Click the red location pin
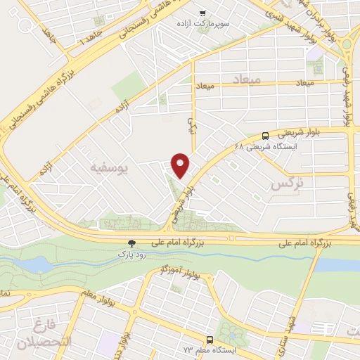[x=181, y=165]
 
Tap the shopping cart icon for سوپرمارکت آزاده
[x=203, y=13]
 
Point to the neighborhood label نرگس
[x=288, y=184]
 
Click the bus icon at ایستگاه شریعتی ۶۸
[x=265, y=135]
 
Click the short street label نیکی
[x=189, y=126]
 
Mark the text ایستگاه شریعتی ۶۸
[x=295, y=146]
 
